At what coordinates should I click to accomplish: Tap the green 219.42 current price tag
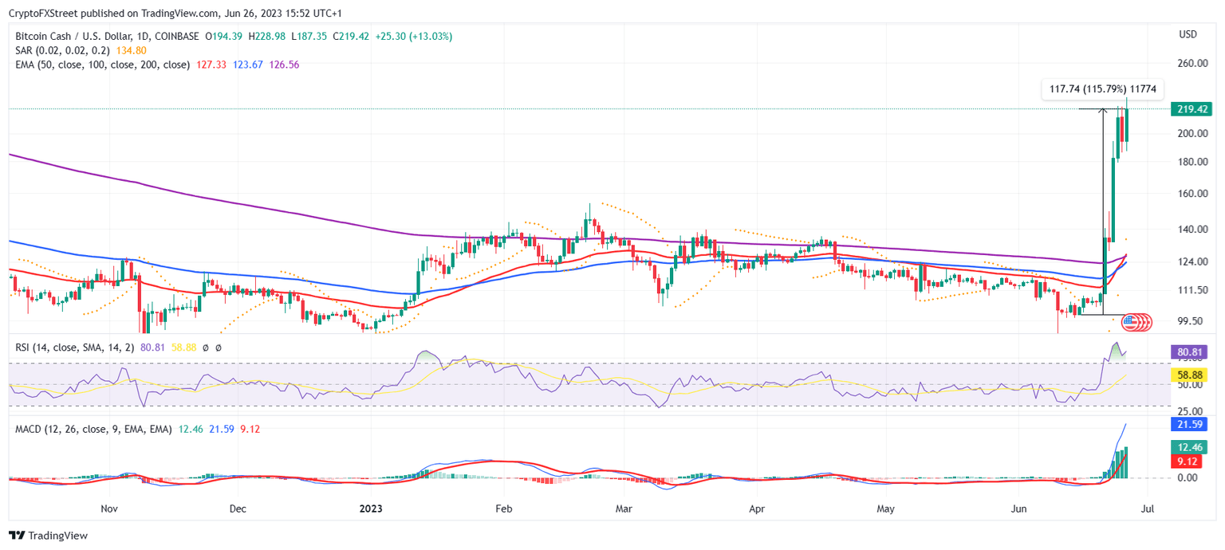(x=1188, y=109)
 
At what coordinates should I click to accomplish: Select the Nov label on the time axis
(x=110, y=508)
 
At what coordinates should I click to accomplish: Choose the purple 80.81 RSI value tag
(x=1188, y=351)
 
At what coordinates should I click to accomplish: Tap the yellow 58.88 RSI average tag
(x=1188, y=374)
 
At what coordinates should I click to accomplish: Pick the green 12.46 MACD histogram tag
(x=1188, y=447)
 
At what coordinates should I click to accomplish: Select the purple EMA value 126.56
(x=285, y=65)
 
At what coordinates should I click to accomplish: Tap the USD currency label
(x=1188, y=34)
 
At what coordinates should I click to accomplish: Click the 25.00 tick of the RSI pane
(x=1188, y=411)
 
